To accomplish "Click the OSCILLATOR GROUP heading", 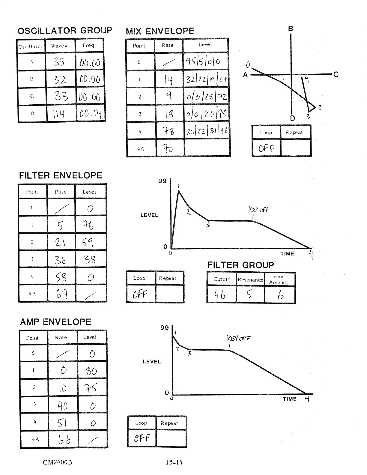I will pyautogui.click(x=65, y=31).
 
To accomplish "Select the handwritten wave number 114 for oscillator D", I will pyautogui.click(x=59, y=114).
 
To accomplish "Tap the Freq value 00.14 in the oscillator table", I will pyautogui.click(x=91, y=114).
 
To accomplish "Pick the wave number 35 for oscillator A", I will pyautogui.click(x=59, y=62).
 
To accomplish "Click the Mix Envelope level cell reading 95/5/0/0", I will pyautogui.click(x=203, y=61).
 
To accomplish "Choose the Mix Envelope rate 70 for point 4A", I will pyautogui.click(x=168, y=148).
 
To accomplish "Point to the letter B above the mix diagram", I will pyautogui.click(x=291, y=29).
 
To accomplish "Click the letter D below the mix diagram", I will pyautogui.click(x=293, y=118).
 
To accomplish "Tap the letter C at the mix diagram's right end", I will pyautogui.click(x=336, y=74).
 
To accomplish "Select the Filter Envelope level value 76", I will pyautogui.click(x=88, y=225).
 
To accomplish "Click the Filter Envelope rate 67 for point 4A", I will pyautogui.click(x=61, y=294).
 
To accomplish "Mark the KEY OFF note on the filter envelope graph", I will pyautogui.click(x=259, y=210).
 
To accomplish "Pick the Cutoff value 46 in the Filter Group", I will pyautogui.click(x=220, y=295).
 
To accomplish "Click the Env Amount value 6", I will pyautogui.click(x=280, y=295).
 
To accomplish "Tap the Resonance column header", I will pyautogui.click(x=250, y=280).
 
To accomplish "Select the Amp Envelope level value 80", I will pyautogui.click(x=92, y=371).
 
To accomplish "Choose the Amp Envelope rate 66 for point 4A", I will pyautogui.click(x=64, y=440).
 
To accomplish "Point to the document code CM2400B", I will pyautogui.click(x=57, y=462).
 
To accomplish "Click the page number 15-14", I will pyautogui.click(x=174, y=462).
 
